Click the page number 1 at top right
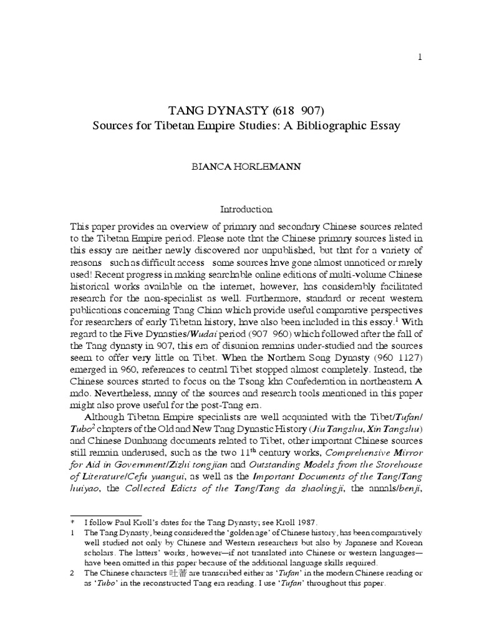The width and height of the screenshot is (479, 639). (x=420, y=57)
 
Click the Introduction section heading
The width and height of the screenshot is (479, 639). (x=239, y=209)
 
